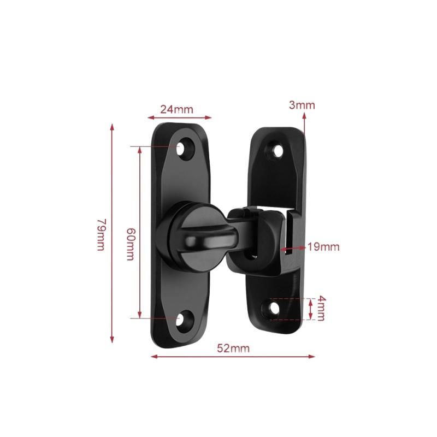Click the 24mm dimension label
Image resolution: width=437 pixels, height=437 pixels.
(x=176, y=109)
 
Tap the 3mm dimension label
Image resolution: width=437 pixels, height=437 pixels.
(x=302, y=105)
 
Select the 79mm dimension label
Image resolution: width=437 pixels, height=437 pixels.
(x=101, y=234)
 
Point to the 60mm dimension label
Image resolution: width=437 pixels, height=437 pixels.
(x=129, y=244)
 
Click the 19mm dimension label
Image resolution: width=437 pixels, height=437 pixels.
(x=323, y=247)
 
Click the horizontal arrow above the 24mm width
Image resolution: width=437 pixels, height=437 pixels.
(x=179, y=116)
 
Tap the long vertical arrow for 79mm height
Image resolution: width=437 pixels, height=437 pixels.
(x=113, y=233)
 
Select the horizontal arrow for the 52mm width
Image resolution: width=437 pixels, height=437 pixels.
(x=233, y=357)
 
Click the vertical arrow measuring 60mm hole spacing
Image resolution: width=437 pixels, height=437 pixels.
(x=140, y=232)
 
